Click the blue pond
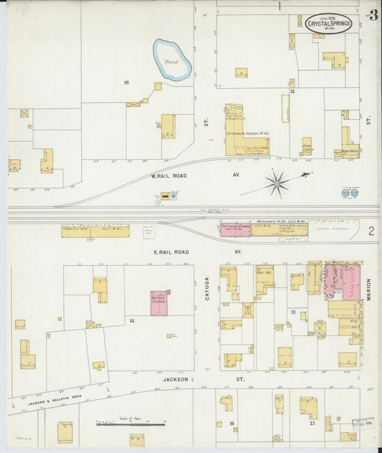173,61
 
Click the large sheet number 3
373,16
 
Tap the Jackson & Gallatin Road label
44,402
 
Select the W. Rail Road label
168,175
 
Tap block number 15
126,83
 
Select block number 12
292,92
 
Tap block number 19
232,424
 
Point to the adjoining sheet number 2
371,231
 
